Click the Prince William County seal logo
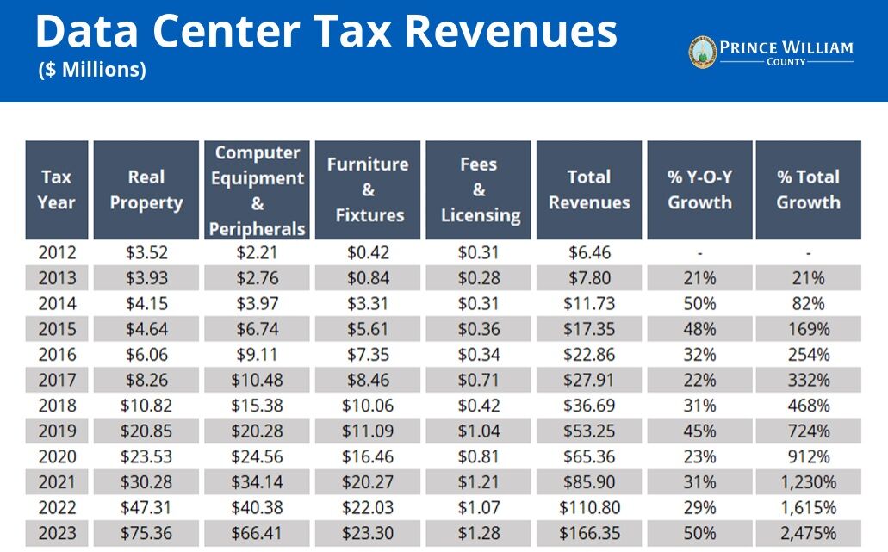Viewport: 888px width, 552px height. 703,53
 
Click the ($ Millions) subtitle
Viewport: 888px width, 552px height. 92,71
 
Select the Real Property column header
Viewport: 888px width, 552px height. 146,189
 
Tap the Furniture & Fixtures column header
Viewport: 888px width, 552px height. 368,189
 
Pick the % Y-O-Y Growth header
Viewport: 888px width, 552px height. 699,189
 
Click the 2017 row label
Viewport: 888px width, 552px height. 57,380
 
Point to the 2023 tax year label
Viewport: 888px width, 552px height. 57,533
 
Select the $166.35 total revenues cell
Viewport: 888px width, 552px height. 589,533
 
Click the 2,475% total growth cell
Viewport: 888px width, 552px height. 808,533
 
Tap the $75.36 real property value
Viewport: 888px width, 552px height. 146,533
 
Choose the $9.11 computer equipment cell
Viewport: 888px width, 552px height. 257,354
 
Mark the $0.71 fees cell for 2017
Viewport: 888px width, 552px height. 479,380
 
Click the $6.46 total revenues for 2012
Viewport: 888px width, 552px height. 589,252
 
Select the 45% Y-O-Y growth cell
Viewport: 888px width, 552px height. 699,431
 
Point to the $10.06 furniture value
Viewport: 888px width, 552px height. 368,405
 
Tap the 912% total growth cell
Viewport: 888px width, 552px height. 808,456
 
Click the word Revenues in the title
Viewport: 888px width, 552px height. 512,31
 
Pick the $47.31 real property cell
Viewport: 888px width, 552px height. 146,507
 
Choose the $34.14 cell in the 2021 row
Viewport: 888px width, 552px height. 257,481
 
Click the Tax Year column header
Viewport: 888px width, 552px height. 57,189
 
